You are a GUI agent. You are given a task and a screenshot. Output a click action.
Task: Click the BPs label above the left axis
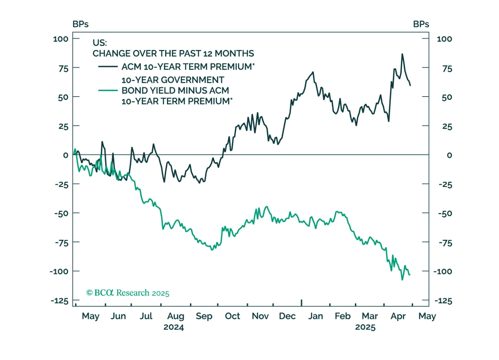(x=80, y=24)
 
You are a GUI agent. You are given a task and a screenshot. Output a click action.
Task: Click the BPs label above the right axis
(x=421, y=24)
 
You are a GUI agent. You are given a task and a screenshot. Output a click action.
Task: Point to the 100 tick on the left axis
(x=61, y=39)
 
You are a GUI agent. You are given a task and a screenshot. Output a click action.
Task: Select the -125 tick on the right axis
(x=443, y=301)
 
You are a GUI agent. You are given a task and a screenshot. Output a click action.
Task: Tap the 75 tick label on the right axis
(x=447, y=69)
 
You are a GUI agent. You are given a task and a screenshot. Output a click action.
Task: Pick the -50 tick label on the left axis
(x=61, y=214)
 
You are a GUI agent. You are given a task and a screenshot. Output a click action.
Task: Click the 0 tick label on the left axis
(x=65, y=155)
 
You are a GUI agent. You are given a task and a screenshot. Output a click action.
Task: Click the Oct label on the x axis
(x=232, y=316)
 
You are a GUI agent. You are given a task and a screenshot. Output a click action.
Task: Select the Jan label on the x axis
(x=315, y=316)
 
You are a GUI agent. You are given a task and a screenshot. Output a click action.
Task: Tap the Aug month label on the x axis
(x=175, y=316)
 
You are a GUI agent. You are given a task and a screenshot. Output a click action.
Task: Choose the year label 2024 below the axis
(x=174, y=327)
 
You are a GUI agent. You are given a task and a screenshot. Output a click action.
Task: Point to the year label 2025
(x=365, y=327)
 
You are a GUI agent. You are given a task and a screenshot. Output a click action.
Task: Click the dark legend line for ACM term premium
(x=108, y=67)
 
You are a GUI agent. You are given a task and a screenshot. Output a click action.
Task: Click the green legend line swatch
(x=108, y=91)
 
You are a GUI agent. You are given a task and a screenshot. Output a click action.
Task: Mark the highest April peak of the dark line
(x=402, y=54)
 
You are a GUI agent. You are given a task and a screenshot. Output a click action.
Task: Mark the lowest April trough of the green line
(x=402, y=279)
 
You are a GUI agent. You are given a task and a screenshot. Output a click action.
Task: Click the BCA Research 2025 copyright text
(x=128, y=293)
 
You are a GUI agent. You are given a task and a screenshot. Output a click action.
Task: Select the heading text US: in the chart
(x=100, y=43)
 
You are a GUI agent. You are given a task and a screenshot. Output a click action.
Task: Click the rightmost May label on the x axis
(x=427, y=316)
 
